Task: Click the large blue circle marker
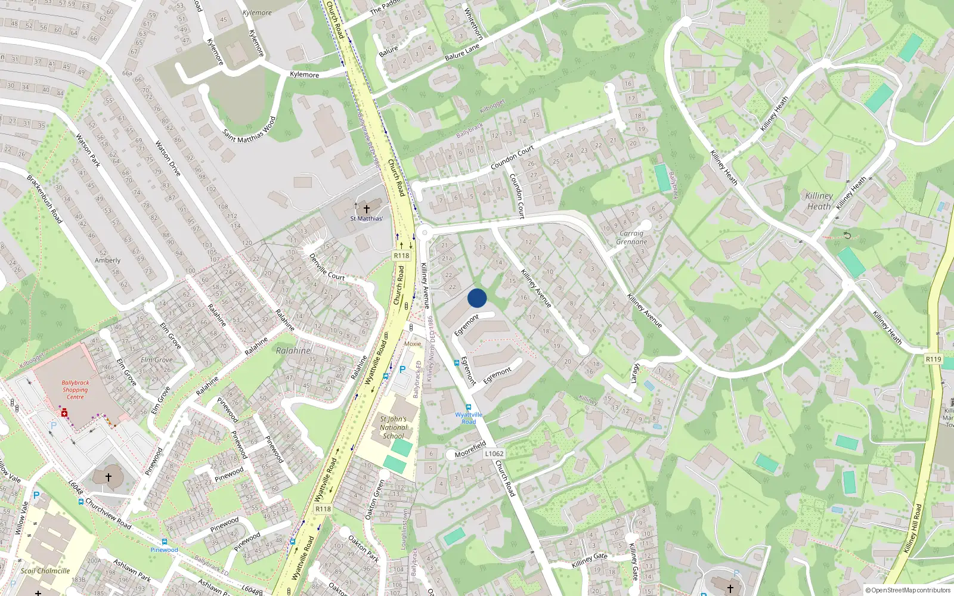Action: pos(477,298)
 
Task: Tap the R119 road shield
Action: pos(933,359)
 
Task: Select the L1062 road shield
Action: pos(494,454)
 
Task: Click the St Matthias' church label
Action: pos(366,219)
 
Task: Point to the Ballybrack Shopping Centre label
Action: pos(75,390)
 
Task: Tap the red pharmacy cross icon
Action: pos(64,413)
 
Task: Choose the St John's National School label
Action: pos(394,427)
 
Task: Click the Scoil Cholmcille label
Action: pos(45,570)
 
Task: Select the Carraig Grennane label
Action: pos(631,238)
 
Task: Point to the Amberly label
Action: pos(107,260)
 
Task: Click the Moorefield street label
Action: pos(470,449)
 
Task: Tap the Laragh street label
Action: pos(636,373)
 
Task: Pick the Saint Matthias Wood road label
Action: pos(249,130)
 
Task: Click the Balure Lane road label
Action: pos(462,52)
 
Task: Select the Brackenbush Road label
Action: pos(44,199)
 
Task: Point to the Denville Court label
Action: pos(327,267)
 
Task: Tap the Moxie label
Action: pos(413,344)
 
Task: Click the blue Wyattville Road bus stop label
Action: pos(469,418)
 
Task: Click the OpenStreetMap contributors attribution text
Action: pos(908,591)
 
